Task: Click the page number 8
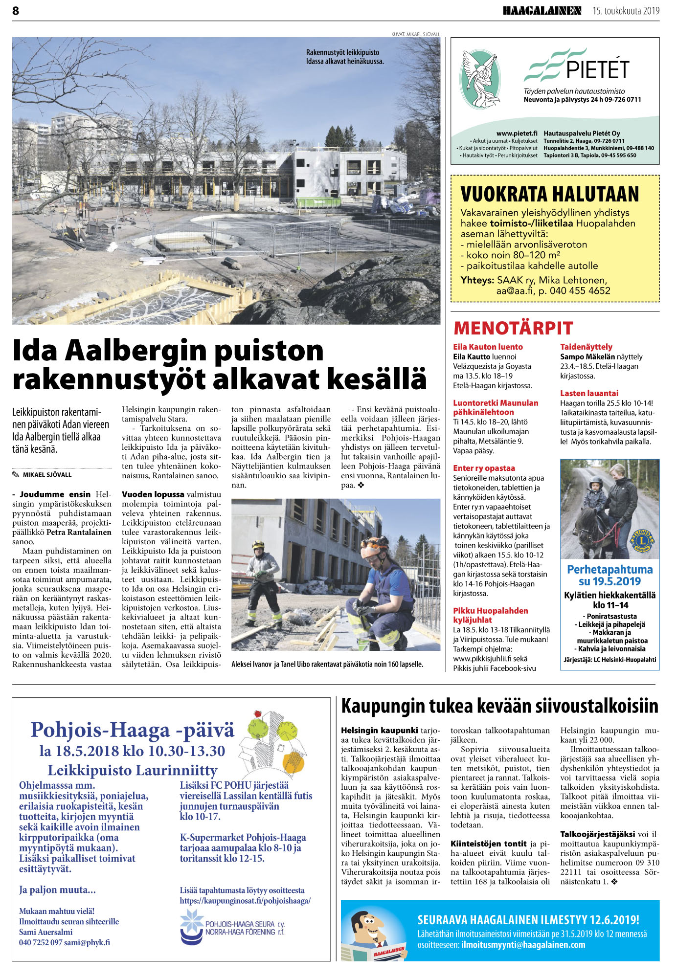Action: pos(16,11)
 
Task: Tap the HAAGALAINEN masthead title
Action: pos(542,11)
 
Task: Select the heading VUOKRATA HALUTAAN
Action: pos(550,194)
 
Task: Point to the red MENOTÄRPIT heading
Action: pos(513,328)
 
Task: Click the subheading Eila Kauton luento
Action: pos(488,347)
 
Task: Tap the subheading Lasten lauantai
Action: pos(589,393)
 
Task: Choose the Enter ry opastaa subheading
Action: pos(484,468)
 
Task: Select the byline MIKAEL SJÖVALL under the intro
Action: pos(47,475)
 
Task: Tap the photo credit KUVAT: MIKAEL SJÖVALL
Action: pos(415,34)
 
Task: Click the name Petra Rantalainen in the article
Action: pos(79,532)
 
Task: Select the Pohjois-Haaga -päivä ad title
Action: pos(132,730)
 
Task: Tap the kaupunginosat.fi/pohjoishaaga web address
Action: pos(245,901)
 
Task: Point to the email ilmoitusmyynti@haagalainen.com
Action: pos(523,945)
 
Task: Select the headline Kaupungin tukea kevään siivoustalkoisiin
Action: pos(499,707)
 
